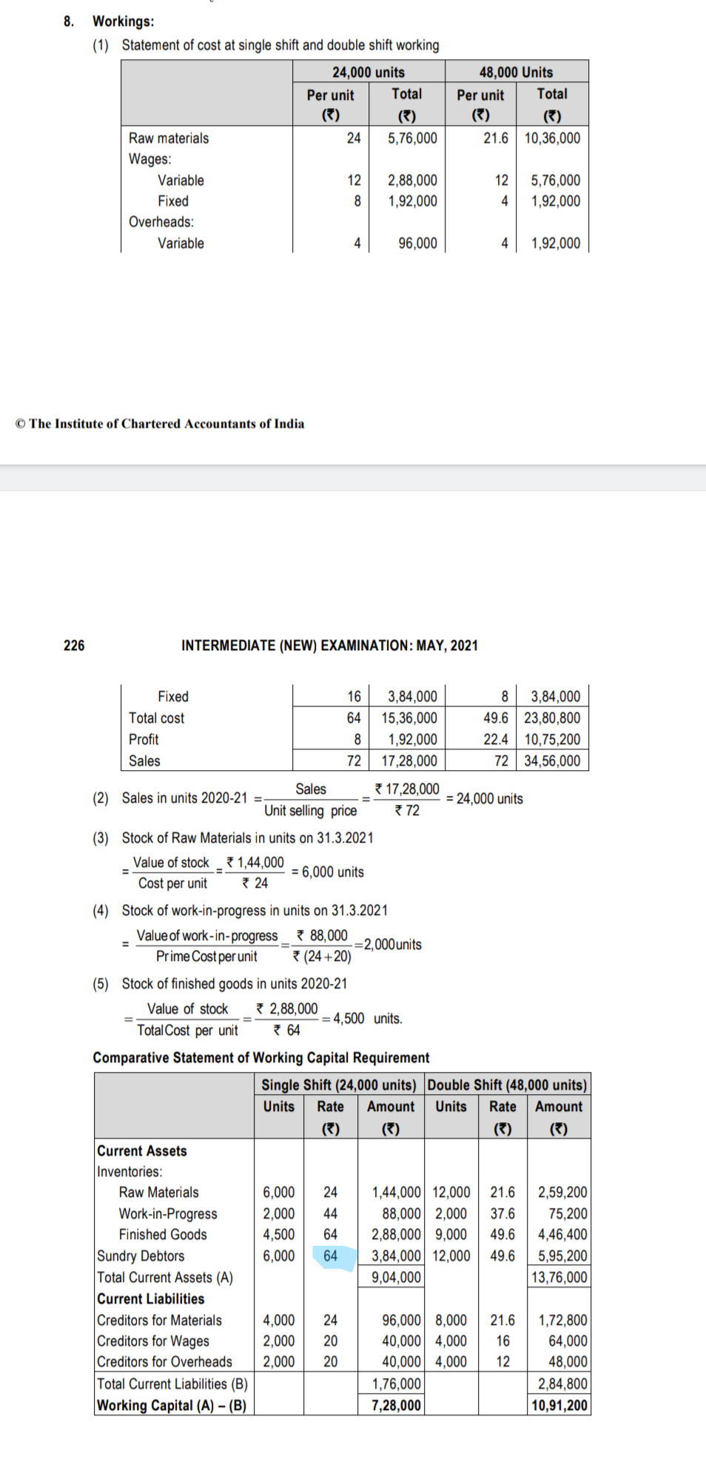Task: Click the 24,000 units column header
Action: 368,72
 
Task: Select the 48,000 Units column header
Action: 516,72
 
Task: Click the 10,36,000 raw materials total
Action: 552,138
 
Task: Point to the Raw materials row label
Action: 169,138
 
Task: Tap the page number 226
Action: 74,646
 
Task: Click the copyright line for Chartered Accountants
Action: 160,424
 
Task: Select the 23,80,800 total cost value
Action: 552,718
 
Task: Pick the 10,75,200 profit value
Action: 552,740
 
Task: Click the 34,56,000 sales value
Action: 552,761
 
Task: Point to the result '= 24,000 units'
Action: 485,799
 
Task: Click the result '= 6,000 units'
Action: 328,872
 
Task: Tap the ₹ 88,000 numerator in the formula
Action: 322,936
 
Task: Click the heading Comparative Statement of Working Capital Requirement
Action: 261,1058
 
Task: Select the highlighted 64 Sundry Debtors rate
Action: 331,1256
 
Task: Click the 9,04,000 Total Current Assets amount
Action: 396,1278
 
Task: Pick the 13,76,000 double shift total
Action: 559,1278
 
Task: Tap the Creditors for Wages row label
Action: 153,1341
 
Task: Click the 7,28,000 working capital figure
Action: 396,1406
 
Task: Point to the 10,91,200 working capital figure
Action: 559,1406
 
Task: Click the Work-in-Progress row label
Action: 168,1214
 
